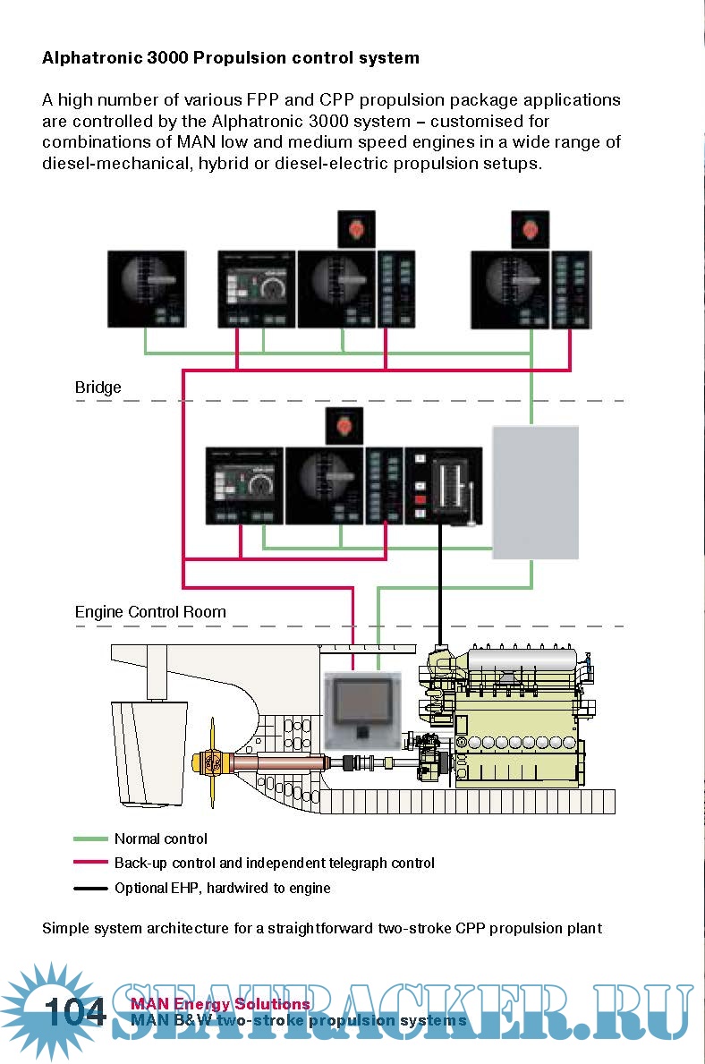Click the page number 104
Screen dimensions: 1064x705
[x=75, y=1012]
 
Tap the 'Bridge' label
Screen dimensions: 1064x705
[x=98, y=387]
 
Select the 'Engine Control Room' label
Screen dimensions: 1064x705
[x=150, y=612]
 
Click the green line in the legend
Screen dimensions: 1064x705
[x=89, y=839]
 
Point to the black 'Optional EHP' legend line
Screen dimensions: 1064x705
[x=89, y=889]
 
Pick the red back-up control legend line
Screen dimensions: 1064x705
[x=89, y=864]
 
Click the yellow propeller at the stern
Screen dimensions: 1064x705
[x=213, y=762]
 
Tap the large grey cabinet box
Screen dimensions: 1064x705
[x=535, y=492]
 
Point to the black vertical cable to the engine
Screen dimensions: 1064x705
[x=440, y=582]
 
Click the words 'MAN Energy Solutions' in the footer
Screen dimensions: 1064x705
[x=220, y=1004]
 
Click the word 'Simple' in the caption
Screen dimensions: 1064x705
[x=65, y=928]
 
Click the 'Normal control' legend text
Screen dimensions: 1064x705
[x=161, y=839]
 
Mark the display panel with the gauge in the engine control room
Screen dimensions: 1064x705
[x=244, y=486]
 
